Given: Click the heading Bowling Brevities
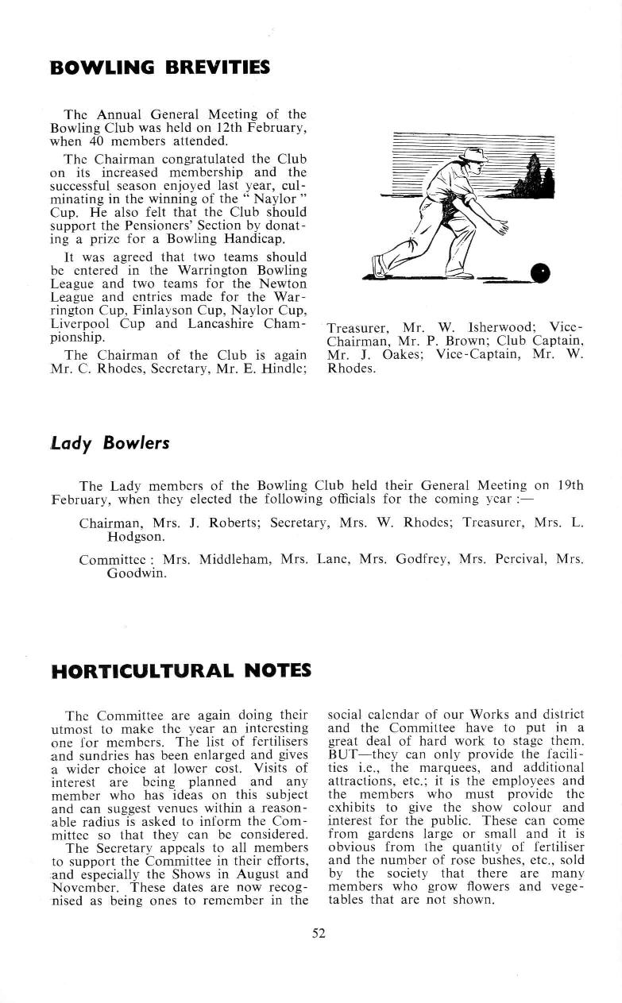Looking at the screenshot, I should [160, 67].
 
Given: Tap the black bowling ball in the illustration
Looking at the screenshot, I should [541, 273].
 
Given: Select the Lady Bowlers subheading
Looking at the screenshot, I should [110, 442].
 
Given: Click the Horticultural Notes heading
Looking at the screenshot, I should [181, 671].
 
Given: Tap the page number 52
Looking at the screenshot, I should [319, 934].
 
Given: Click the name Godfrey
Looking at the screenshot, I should [418, 559].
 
